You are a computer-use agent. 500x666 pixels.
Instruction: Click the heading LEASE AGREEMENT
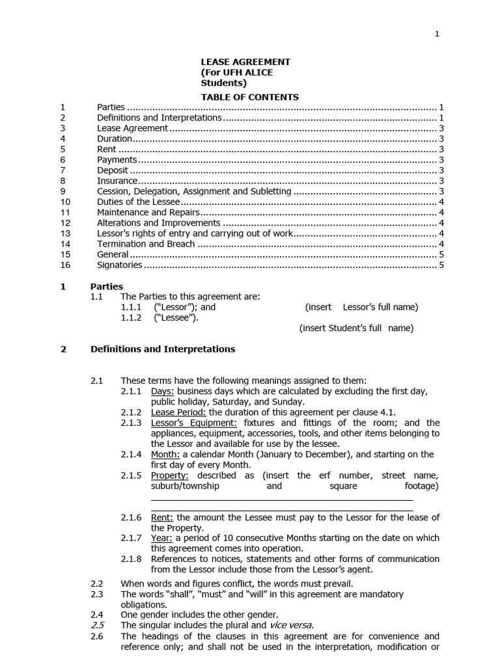pos(245,62)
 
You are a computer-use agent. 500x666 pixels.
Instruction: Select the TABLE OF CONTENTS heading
pos(249,97)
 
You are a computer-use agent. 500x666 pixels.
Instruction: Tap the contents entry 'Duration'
pos(115,139)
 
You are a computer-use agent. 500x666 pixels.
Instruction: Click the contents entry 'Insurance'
pos(117,181)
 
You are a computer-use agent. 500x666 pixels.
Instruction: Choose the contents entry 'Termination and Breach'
pos(146,244)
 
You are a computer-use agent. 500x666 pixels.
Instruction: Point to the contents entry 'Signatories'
pos(119,265)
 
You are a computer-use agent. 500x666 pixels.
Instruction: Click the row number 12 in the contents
pos(64,222)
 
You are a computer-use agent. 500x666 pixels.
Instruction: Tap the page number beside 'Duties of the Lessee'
pos(441,202)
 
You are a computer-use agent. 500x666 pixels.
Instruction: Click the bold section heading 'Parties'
pos(107,286)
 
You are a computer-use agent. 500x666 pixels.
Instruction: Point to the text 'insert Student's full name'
pos(356,328)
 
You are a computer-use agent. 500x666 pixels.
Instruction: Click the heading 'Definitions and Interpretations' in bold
pos(163,349)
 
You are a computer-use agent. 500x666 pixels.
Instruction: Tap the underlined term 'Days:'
pos(162,391)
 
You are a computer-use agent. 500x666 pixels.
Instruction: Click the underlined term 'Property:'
pos(169,475)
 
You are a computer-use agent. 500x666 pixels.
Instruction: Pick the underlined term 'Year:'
pos(161,538)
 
